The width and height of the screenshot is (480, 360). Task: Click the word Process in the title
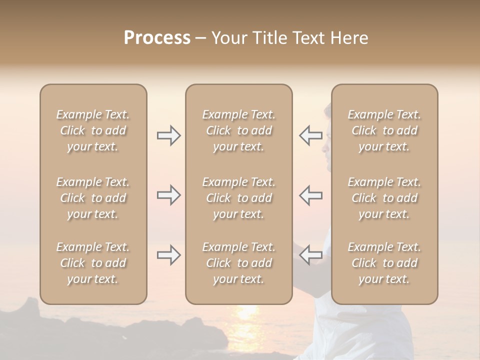[157, 38]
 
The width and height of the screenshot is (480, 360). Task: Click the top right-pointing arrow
[168, 135]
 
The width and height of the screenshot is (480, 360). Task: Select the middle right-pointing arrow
[168, 195]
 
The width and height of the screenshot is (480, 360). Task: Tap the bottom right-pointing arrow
[168, 255]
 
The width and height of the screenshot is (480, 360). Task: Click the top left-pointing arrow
[310, 135]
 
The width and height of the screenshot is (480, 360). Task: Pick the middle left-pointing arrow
[310, 195]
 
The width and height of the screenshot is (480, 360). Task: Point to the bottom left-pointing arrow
[310, 255]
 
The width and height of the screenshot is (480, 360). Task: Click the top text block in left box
[93, 130]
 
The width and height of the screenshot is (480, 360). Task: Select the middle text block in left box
[93, 198]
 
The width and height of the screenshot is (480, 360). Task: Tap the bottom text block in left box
[93, 263]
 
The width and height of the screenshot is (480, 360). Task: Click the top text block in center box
[238, 130]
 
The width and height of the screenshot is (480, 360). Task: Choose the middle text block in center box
[238, 198]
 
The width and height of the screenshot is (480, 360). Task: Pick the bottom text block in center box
[238, 263]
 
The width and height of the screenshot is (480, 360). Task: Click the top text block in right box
[384, 130]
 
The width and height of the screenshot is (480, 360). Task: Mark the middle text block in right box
[384, 198]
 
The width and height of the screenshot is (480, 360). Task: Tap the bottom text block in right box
[384, 263]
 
